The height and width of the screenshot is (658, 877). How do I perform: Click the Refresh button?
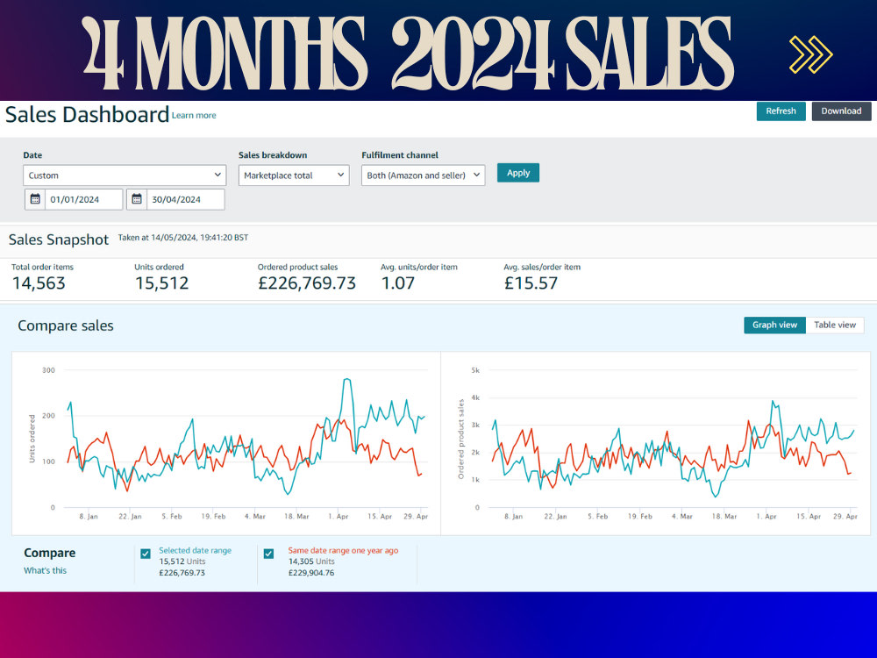781,111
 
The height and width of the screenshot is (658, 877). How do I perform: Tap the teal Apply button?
518,173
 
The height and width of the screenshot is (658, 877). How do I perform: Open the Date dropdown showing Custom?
125,175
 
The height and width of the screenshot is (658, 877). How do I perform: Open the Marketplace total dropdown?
294,175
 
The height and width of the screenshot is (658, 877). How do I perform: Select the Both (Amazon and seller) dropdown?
423,175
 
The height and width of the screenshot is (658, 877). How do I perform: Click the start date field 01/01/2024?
74,199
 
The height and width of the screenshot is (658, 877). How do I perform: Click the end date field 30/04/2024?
175,199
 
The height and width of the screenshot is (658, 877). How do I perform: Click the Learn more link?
194,115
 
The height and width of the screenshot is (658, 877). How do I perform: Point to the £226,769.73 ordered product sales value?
306,283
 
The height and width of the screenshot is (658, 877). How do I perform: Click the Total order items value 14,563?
39,283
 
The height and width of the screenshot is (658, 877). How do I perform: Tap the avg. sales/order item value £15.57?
531,283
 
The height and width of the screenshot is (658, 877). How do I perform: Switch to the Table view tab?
835,325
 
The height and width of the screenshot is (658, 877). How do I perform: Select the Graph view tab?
774,325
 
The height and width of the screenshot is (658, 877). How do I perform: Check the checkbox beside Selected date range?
146,554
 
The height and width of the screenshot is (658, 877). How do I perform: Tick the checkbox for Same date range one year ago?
268,554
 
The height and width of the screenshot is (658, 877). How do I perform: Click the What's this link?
45,570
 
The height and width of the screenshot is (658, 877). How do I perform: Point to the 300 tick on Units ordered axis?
48,370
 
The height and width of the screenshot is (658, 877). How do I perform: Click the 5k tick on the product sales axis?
475,370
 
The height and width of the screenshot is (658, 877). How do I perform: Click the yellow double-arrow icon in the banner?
811,54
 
